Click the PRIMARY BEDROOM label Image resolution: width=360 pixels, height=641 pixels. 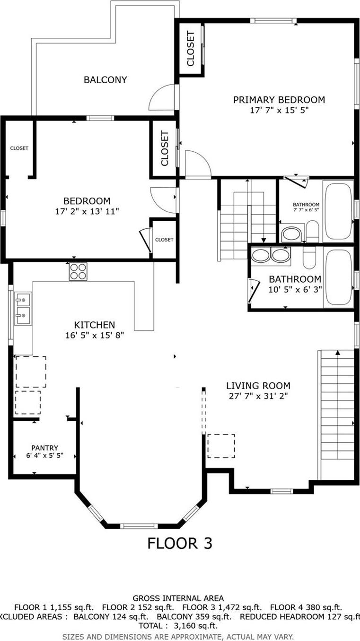click(x=279, y=100)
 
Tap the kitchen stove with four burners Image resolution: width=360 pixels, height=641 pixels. click(x=78, y=271)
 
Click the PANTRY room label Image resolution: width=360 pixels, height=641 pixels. click(x=44, y=448)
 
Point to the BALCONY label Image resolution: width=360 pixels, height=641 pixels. click(x=105, y=80)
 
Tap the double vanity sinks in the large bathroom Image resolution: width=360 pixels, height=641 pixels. click(x=270, y=256)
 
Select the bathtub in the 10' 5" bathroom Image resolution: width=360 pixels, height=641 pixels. click(x=339, y=277)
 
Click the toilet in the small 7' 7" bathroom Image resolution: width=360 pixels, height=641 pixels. click(x=312, y=231)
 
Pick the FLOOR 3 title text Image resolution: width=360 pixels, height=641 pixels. click(x=179, y=543)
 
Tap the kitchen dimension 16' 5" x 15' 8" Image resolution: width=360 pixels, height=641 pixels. click(x=94, y=335)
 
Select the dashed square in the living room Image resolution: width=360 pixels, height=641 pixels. click(x=221, y=446)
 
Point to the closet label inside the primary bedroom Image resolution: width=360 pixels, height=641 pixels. click(x=191, y=48)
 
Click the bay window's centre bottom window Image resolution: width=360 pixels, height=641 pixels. click(x=139, y=526)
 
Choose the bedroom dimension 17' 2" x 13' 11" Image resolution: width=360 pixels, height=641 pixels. click(x=87, y=211)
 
